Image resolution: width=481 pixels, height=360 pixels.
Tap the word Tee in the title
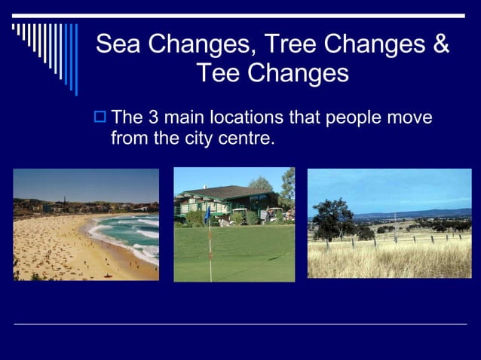(218, 74)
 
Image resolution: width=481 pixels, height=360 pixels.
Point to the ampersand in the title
(442, 44)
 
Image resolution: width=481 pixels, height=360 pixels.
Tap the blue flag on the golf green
(207, 214)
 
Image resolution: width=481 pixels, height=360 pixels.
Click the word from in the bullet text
(127, 139)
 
